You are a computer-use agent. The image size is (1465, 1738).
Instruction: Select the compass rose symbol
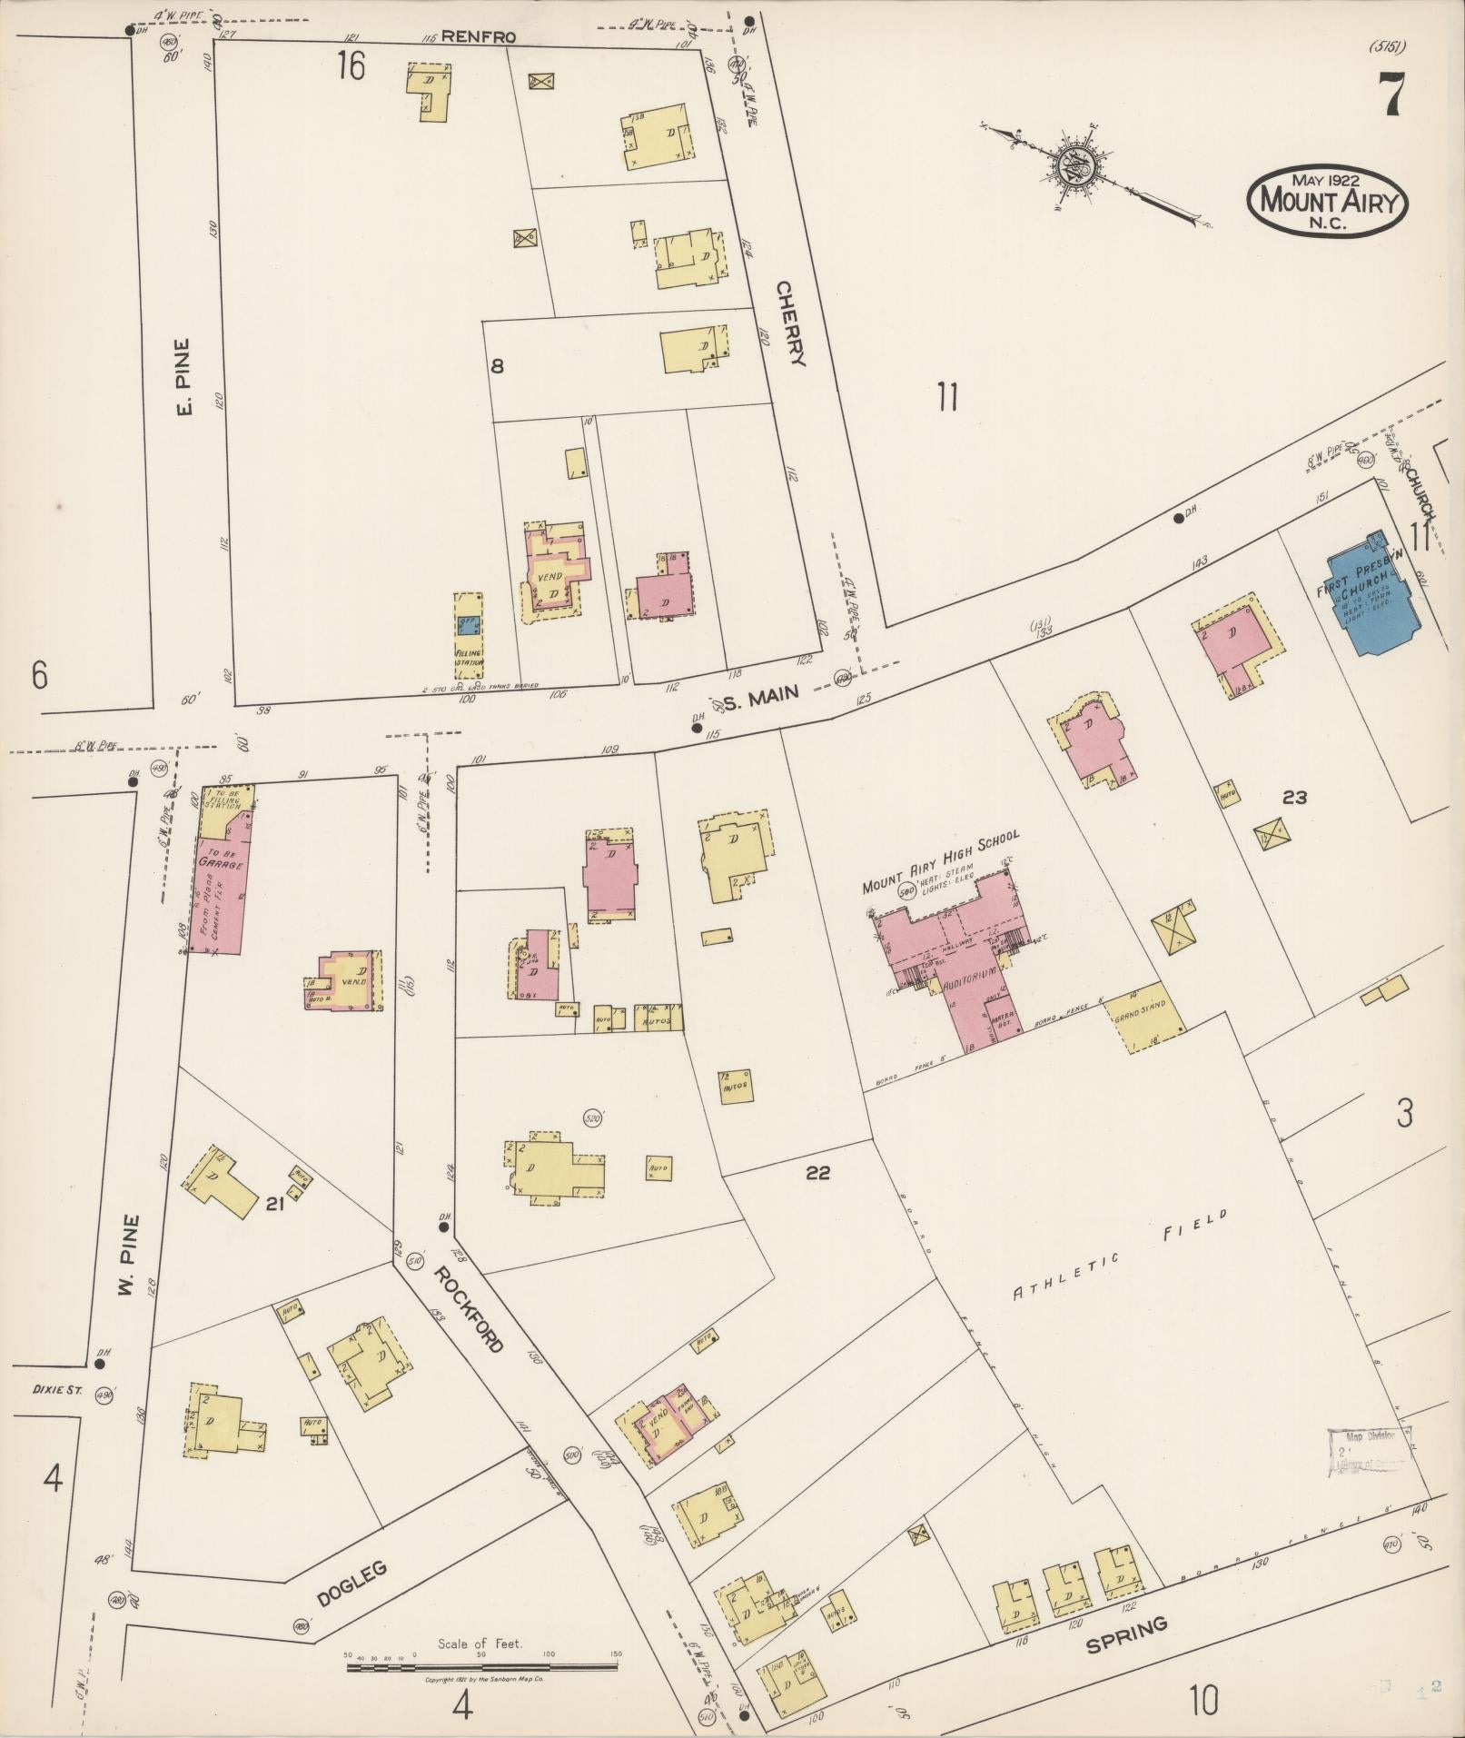[1076, 169]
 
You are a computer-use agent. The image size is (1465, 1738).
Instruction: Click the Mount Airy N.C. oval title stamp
[1327, 202]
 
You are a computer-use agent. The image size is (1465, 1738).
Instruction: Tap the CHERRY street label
[790, 322]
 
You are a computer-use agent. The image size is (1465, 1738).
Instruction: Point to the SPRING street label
[1125, 1634]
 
